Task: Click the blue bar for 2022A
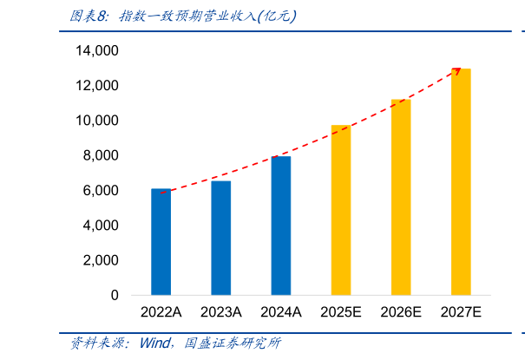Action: [x=161, y=242]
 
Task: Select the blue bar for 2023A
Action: [x=221, y=238]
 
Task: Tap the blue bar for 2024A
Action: [x=281, y=226]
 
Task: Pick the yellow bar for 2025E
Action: [x=341, y=210]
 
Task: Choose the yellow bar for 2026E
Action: [x=401, y=197]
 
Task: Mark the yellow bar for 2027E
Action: [x=461, y=182]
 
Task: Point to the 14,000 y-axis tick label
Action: [x=96, y=51]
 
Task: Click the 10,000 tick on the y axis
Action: [x=96, y=121]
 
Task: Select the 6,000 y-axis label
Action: [x=101, y=191]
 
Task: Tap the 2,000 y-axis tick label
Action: [x=101, y=260]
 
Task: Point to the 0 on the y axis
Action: [x=114, y=296]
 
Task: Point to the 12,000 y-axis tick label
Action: [x=96, y=86]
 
